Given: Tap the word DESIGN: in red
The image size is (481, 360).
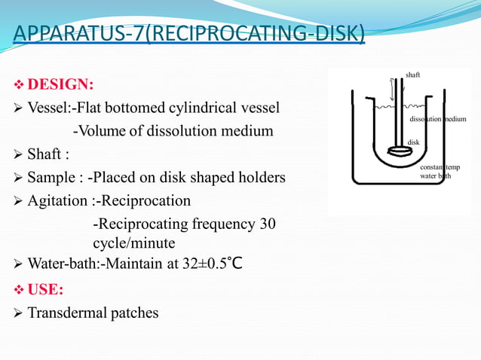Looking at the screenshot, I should (x=61, y=83).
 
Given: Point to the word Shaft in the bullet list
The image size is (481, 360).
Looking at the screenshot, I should (x=44, y=154).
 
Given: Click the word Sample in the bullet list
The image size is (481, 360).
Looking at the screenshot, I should (x=50, y=178).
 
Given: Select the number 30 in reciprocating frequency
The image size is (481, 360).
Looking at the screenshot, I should (x=268, y=224).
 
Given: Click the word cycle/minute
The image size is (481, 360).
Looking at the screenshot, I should (x=134, y=244).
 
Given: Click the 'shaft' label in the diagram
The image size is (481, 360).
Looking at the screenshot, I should (x=413, y=75).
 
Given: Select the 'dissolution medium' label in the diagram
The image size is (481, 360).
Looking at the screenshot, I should (x=438, y=120).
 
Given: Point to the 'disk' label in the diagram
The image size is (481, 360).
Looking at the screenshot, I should (x=413, y=142).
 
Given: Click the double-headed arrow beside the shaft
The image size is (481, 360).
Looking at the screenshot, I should (x=392, y=90).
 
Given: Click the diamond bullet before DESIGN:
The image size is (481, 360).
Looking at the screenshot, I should (x=20, y=83).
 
